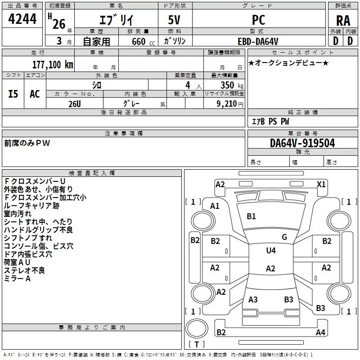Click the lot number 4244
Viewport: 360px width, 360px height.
(x=22, y=19)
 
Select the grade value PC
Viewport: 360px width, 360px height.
(x=259, y=19)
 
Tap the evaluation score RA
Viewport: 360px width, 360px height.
(x=343, y=21)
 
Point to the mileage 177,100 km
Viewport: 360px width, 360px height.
(x=53, y=64)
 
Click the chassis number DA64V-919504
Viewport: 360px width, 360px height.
(x=302, y=143)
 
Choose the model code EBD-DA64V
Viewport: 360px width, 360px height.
(x=258, y=41)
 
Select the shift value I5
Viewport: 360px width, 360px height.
(x=13, y=94)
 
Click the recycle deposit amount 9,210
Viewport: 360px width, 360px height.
(x=226, y=104)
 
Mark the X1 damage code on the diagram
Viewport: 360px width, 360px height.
(x=321, y=184)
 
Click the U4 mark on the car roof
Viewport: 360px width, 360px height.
(x=270, y=251)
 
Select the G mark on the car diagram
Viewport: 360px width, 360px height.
(x=284, y=237)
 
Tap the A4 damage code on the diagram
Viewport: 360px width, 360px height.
(x=320, y=333)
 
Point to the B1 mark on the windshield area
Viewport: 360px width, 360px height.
(x=251, y=216)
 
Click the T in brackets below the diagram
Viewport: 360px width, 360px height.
(x=196, y=344)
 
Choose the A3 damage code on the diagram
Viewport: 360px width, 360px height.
(x=253, y=300)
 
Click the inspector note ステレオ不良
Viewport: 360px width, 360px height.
(x=25, y=270)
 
